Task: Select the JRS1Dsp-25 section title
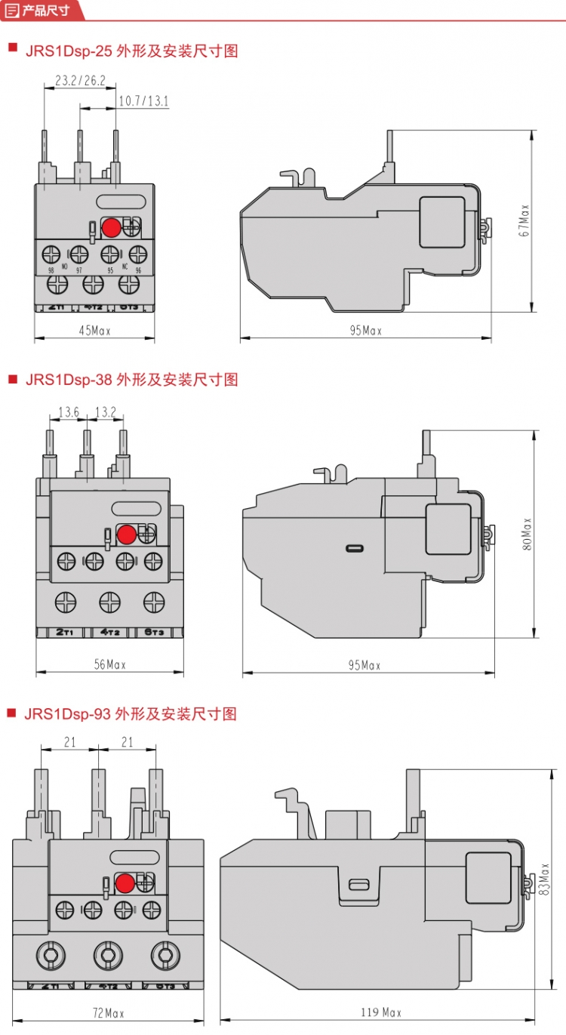[x=131, y=51]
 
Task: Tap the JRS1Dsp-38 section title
[x=131, y=379]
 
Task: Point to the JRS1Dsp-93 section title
[x=131, y=713]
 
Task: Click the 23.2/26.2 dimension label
[x=80, y=79]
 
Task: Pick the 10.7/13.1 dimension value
[x=143, y=100]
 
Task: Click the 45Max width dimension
[x=95, y=331]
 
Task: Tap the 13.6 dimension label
[x=69, y=411]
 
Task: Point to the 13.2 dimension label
[x=105, y=411]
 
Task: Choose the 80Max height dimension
[x=527, y=533]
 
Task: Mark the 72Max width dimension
[x=108, y=1013]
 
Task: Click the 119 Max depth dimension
[x=382, y=1012]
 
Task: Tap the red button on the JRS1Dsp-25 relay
[x=111, y=226]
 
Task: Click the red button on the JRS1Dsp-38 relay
[x=127, y=534]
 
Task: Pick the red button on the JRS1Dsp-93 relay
[x=125, y=883]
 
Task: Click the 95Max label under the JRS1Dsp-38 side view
[x=365, y=665]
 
